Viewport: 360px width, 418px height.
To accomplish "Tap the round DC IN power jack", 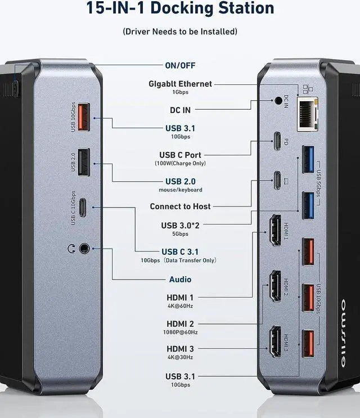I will [x=278, y=102].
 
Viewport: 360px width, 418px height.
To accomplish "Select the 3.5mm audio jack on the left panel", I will [x=84, y=247].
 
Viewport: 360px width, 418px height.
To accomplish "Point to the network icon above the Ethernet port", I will [x=307, y=89].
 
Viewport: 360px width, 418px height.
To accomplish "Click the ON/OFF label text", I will [x=181, y=66].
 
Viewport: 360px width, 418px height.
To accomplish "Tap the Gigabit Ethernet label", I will [x=180, y=84].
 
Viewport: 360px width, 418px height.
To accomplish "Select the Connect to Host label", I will [x=180, y=206].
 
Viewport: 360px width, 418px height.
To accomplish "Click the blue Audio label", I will [x=180, y=280].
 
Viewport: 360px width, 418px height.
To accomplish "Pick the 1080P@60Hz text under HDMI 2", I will [x=180, y=332].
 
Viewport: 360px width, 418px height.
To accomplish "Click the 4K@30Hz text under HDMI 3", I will [x=180, y=357].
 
